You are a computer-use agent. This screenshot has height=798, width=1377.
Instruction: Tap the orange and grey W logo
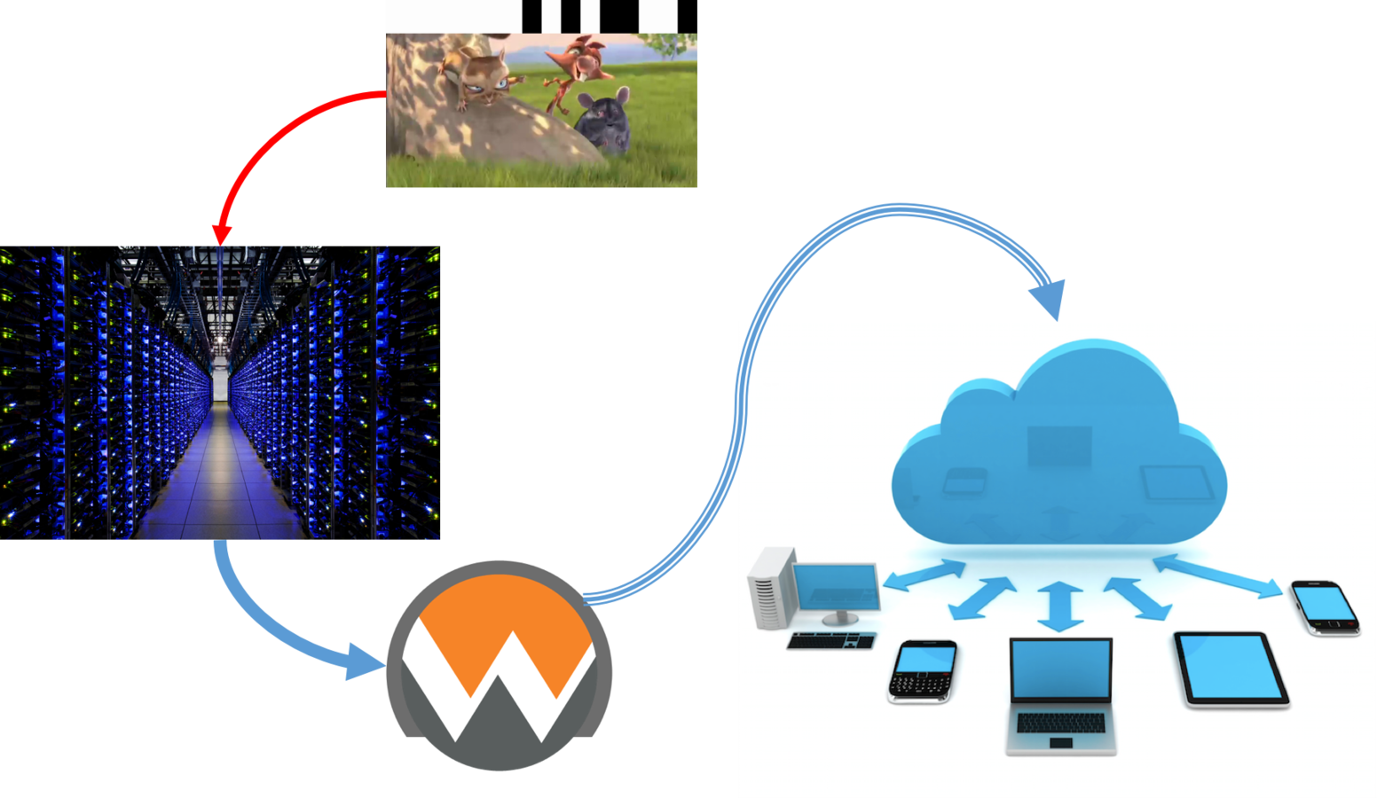tap(499, 665)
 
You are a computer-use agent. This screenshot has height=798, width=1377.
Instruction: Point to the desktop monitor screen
tap(835, 586)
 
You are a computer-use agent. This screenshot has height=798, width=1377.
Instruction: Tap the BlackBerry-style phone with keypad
tap(922, 670)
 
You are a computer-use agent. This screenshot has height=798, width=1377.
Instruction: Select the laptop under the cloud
tap(1060, 696)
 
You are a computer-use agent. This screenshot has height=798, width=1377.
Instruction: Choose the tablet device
tap(1231, 669)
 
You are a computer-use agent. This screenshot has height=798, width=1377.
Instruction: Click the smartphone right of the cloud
tap(1325, 607)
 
